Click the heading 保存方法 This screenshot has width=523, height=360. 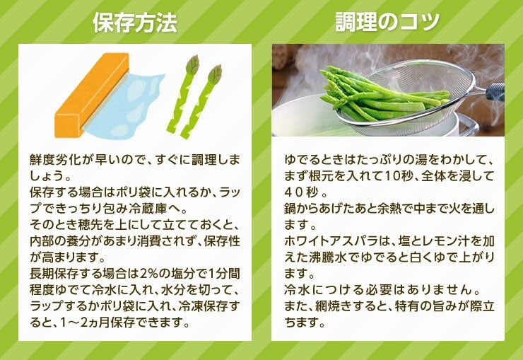[x=135, y=23]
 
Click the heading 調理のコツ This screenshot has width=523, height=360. [x=387, y=22]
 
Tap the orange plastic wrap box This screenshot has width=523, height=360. [x=92, y=95]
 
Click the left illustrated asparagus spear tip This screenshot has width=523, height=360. [x=192, y=64]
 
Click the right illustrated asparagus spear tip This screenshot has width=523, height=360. [x=215, y=74]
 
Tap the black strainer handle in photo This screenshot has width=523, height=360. [x=495, y=91]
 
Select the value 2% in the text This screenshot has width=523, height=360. [x=148, y=274]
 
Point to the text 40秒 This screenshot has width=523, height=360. [x=302, y=192]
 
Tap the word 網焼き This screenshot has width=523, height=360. [x=333, y=306]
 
